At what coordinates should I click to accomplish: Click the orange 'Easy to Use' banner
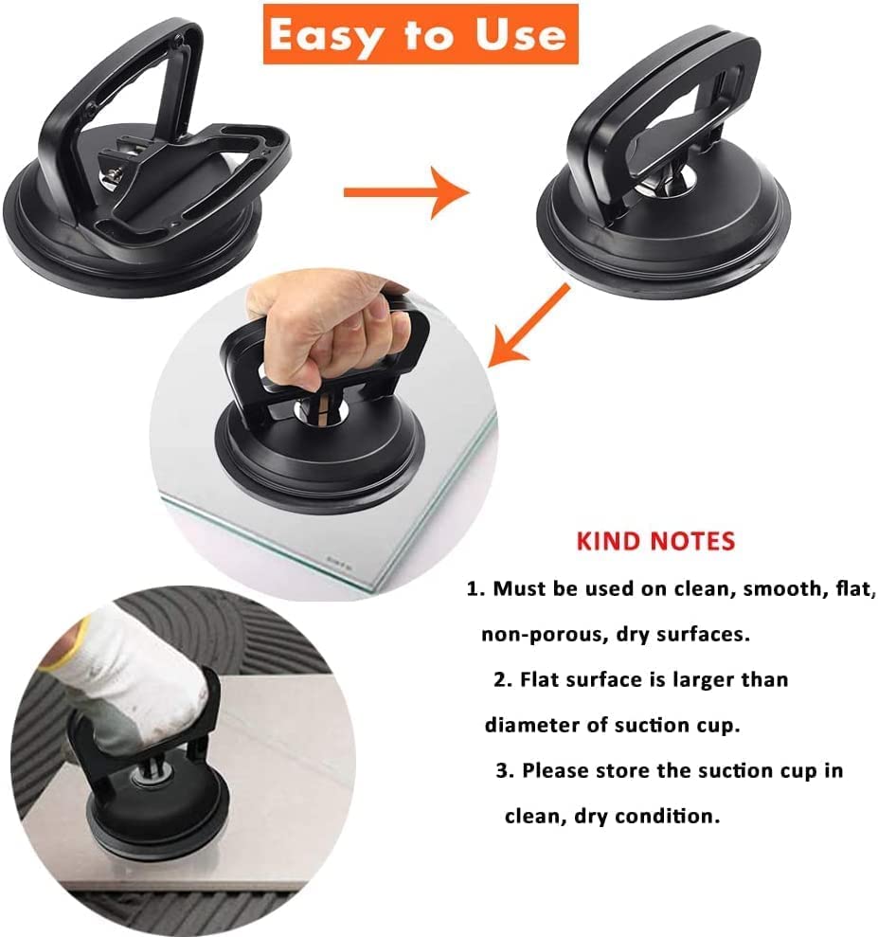[x=421, y=34]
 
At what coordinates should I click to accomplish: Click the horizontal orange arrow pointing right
[x=406, y=191]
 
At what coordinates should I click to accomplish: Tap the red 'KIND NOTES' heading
[x=655, y=541]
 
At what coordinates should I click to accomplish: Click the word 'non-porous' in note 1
[x=538, y=634]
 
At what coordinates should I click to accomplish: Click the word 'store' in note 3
[x=623, y=770]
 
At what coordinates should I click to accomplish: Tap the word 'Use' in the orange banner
[x=521, y=34]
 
